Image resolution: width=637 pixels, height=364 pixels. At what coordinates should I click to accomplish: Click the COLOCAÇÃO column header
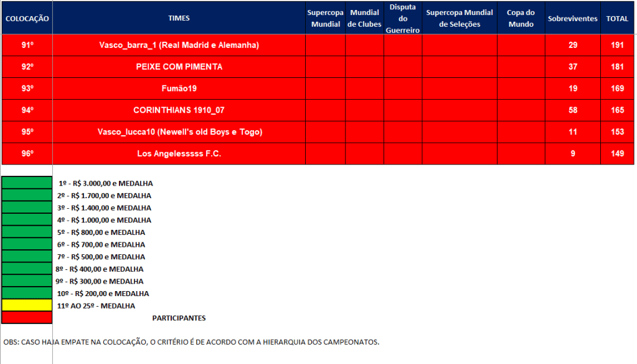(27, 19)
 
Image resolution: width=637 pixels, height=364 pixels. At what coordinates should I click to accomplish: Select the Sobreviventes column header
(572, 19)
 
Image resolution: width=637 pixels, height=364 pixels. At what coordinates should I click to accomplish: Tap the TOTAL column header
(617, 19)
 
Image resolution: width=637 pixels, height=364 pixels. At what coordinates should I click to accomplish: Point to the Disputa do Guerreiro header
(402, 18)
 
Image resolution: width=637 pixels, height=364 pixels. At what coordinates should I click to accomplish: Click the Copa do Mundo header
(521, 18)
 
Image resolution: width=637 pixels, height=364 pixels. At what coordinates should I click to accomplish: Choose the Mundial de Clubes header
(364, 18)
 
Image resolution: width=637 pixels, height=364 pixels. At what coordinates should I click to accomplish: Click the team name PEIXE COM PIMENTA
(179, 67)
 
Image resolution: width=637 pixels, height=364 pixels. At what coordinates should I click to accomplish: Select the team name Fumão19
(179, 89)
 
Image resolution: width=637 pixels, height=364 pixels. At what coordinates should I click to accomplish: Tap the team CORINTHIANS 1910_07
(179, 110)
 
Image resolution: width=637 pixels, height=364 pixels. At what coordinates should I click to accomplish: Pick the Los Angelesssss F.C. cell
(179, 153)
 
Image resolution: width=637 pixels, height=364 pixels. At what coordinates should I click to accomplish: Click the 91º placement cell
(27, 45)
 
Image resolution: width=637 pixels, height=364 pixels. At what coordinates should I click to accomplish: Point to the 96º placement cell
(27, 153)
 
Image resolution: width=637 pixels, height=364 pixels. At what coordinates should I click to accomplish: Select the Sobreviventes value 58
(572, 110)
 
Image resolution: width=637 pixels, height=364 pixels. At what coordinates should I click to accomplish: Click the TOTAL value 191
(617, 45)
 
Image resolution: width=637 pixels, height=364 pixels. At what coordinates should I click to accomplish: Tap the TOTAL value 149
(617, 153)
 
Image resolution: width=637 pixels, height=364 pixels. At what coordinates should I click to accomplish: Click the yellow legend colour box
(27, 305)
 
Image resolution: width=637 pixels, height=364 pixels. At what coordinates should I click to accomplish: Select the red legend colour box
(27, 318)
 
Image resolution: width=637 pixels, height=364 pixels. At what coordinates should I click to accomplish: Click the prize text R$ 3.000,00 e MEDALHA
(105, 184)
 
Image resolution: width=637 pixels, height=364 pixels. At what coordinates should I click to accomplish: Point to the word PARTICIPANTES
(179, 318)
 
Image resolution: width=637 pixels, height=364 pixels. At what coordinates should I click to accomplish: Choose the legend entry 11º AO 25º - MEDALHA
(96, 306)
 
